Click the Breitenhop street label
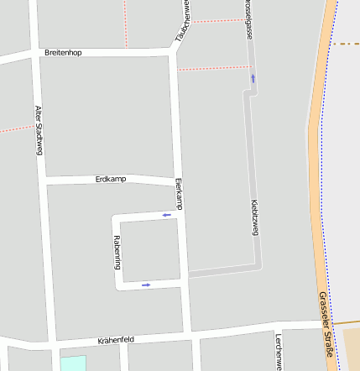pos(64,53)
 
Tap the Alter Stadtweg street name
pos(39,130)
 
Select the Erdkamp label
pos(111,180)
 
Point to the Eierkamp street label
pos(178,194)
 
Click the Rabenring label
pos(117,251)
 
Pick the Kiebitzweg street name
pos(254,217)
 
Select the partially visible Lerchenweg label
pos(278,352)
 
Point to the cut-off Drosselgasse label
pos(248,18)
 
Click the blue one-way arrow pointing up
pos(253,78)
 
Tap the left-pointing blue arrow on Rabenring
pos(166,215)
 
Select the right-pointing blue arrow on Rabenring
pos(146,285)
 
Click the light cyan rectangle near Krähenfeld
pos(73,363)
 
